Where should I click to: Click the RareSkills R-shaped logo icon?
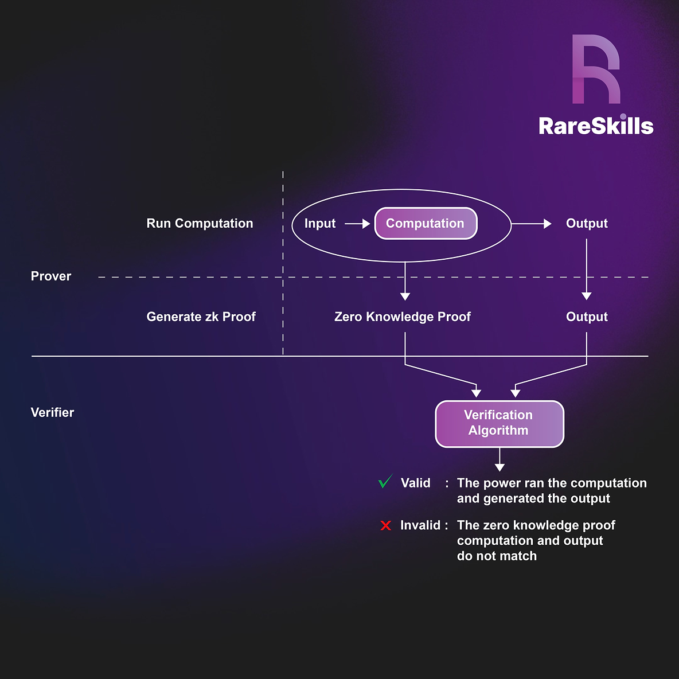[596, 69]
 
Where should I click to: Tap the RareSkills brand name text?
[596, 126]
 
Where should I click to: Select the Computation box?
[426, 224]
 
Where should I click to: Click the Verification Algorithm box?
[499, 423]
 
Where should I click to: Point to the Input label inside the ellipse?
[320, 224]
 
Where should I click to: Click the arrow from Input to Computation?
[357, 224]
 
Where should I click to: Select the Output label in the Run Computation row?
[587, 224]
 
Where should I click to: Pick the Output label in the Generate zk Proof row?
[587, 317]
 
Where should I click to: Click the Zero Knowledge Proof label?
[403, 317]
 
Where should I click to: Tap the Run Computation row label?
[200, 224]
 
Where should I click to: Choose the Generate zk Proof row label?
[201, 317]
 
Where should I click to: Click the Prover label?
[51, 276]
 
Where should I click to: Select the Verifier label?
[52, 413]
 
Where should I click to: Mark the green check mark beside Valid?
[385, 482]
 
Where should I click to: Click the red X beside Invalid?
[386, 525]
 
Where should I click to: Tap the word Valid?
[416, 483]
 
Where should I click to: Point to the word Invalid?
[420, 525]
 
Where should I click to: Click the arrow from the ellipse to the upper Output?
[531, 224]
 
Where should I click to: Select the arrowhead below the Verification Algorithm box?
[500, 467]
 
